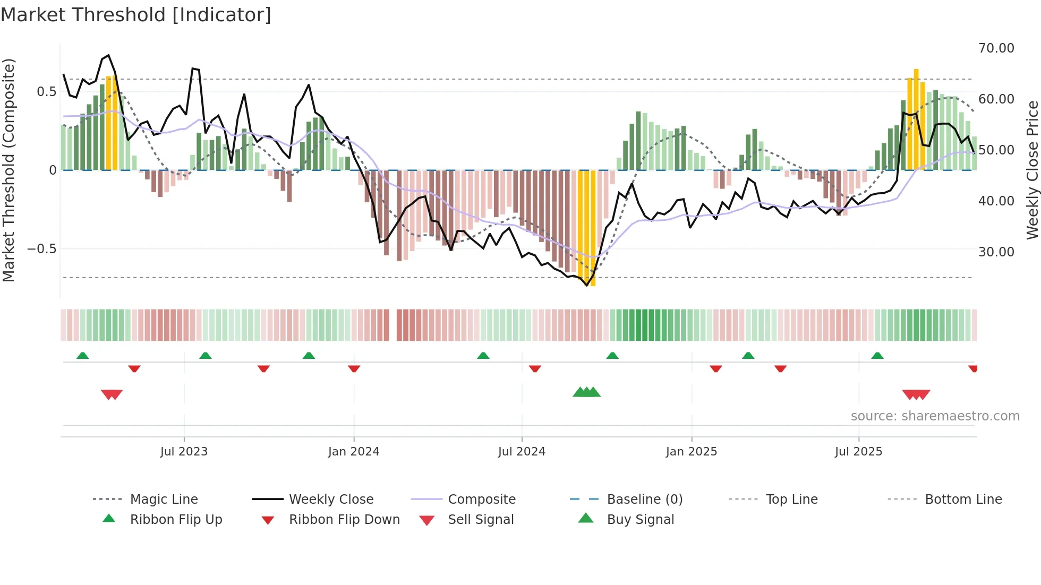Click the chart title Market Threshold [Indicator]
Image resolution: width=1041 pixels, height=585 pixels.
[x=136, y=15]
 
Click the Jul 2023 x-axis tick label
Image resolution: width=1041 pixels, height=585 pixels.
[x=184, y=452]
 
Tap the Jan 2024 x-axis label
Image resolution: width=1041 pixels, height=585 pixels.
[x=354, y=452]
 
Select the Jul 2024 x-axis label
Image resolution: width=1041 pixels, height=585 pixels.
[x=522, y=452]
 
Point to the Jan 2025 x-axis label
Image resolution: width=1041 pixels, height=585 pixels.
[x=692, y=452]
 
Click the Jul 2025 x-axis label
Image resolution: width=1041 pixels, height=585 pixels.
[x=858, y=452]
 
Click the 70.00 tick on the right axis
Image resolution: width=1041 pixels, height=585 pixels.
[x=996, y=48]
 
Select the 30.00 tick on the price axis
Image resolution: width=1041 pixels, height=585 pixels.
[x=996, y=252]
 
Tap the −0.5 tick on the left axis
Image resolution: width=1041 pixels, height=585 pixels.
[x=42, y=249]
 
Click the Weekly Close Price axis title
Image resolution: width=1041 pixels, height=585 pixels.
[x=1032, y=170]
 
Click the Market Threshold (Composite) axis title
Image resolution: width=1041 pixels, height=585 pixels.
[x=8, y=170]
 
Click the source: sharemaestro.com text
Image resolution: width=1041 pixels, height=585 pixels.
[x=935, y=416]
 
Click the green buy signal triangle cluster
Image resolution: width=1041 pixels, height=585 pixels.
[x=586, y=392]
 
